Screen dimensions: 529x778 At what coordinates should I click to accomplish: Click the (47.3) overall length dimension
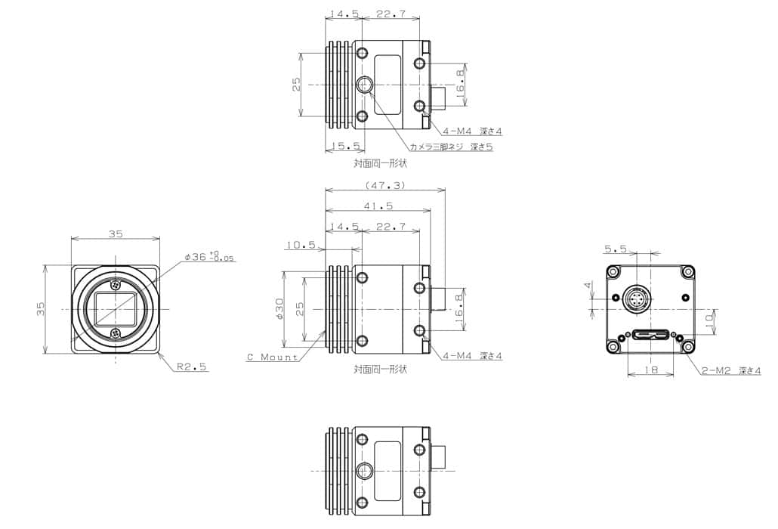[384, 184]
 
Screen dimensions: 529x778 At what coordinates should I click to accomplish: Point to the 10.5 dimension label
[300, 244]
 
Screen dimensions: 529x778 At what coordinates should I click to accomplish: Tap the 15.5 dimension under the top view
[344, 146]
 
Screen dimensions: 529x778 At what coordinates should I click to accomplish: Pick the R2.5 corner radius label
[192, 367]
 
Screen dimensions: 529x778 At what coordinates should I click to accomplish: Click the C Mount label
[272, 357]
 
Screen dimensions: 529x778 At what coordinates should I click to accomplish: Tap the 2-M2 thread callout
[729, 370]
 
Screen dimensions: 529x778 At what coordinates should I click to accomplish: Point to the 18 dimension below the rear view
[650, 370]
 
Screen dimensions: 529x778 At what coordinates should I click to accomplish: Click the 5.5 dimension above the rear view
[616, 248]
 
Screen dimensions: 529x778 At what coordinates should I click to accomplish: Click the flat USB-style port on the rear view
[651, 334]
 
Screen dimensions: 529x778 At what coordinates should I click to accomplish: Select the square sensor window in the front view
[115, 309]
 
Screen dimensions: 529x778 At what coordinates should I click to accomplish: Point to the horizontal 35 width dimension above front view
[115, 234]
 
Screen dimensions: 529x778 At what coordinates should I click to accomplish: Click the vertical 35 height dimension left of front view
[42, 309]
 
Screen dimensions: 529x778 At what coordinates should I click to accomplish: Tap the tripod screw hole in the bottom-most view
[365, 470]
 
